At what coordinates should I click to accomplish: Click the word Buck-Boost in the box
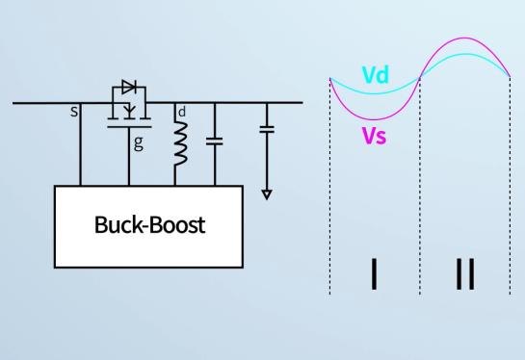coord(149,224)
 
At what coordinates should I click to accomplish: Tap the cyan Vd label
coord(376,75)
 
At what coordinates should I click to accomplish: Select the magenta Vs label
coord(375,136)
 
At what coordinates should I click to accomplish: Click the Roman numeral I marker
coord(374,273)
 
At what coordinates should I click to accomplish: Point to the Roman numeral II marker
coord(465,273)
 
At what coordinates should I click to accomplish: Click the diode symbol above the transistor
coord(129,87)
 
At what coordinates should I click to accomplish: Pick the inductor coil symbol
coord(180,143)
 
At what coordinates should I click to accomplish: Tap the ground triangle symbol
coord(267,194)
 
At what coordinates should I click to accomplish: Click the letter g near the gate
coord(139,142)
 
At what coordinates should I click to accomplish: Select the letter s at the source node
coord(74,112)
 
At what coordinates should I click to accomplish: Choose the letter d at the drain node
coord(182,112)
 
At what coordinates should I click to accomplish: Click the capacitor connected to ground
coord(267,129)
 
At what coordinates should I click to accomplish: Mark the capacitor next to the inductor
coord(215,141)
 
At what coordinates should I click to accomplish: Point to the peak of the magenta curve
coord(464,38)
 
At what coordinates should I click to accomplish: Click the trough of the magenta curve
coord(375,119)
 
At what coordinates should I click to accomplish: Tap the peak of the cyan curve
coord(465,54)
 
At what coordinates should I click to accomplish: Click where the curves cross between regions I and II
coord(420,78)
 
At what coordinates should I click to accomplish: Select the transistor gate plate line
coord(129,127)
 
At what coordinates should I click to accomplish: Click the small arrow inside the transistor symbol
coord(129,110)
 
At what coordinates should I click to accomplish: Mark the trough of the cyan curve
coord(375,93)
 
